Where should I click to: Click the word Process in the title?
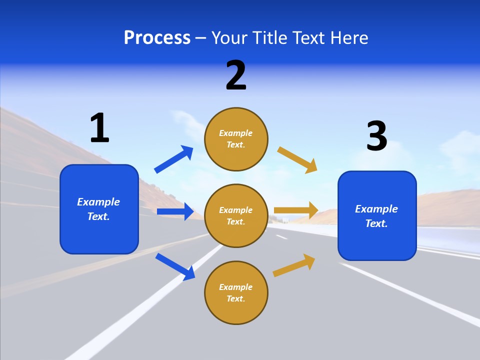click(157, 38)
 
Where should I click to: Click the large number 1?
click(99, 128)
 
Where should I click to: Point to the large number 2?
click(236, 75)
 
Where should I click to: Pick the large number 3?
click(376, 136)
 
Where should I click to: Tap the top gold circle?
click(236, 139)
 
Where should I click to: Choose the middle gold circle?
click(236, 216)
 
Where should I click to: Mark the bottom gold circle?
click(236, 293)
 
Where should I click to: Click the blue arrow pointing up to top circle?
click(174, 159)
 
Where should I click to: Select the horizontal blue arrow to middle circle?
click(175, 211)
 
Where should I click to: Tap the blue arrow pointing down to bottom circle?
click(175, 266)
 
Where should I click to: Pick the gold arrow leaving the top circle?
click(298, 159)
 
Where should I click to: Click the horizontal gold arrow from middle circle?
click(296, 210)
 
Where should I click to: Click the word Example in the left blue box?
click(98, 202)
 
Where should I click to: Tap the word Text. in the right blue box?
click(376, 223)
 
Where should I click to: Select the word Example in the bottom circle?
click(236, 287)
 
